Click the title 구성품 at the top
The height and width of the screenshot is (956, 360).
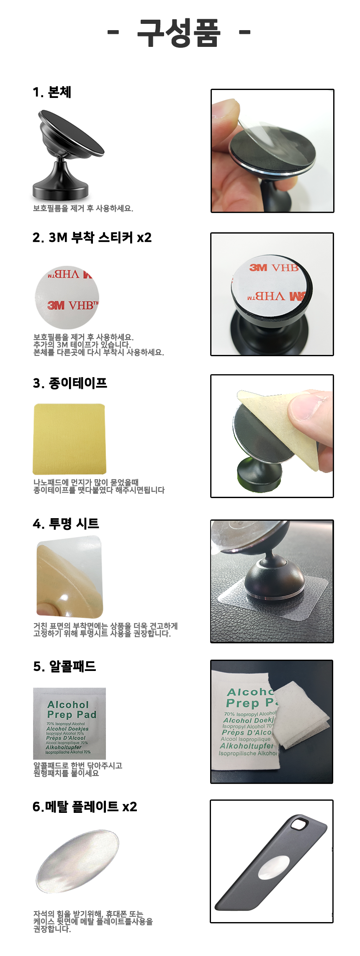tap(179, 33)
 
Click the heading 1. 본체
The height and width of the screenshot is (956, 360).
tap(52, 92)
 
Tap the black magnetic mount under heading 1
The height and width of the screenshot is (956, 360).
tap(67, 155)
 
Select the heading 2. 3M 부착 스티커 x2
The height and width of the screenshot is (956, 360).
tap(92, 237)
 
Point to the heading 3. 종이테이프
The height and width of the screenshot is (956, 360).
tap(70, 383)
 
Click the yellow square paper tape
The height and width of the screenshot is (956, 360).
tap(69, 439)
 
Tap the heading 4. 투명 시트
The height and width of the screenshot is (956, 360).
tap(66, 524)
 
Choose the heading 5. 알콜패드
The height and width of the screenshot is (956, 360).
tap(64, 666)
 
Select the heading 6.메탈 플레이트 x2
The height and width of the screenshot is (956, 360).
tap(85, 807)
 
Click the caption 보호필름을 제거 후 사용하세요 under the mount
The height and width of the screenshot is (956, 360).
tap(83, 208)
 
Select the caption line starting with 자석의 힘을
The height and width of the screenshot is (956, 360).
tap(88, 914)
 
